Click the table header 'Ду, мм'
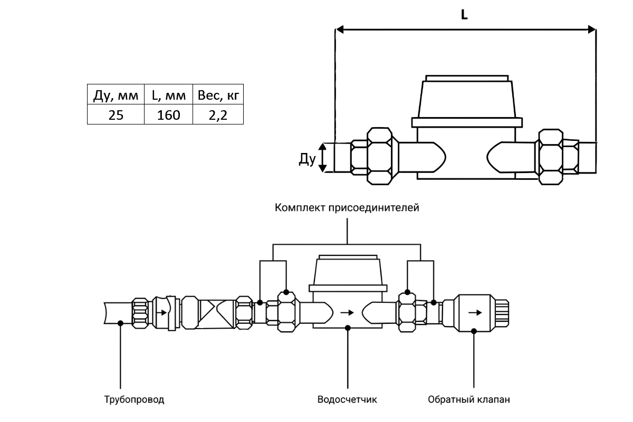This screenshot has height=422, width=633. pyautogui.click(x=115, y=95)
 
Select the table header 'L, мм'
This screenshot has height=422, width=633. pyautogui.click(x=168, y=95)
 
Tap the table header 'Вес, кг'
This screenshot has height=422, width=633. pyautogui.click(x=218, y=95)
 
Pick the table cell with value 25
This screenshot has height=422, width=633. pyautogui.click(x=115, y=115)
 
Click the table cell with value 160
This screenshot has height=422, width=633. pyautogui.click(x=168, y=115)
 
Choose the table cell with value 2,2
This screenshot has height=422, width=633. pyautogui.click(x=218, y=115)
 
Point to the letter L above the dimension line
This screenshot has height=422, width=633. pyautogui.click(x=464, y=15)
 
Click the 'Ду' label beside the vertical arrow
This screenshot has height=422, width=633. pyautogui.click(x=307, y=159)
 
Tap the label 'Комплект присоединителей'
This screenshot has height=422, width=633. pyautogui.click(x=347, y=208)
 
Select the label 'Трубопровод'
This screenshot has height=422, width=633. pyautogui.click(x=134, y=399)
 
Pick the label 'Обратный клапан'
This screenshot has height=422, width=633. pyautogui.click(x=469, y=399)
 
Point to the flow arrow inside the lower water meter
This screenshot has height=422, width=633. pyautogui.click(x=347, y=312)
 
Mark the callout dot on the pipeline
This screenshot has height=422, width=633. pyautogui.click(x=121, y=323)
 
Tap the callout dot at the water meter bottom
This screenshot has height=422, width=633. pyautogui.click(x=348, y=328)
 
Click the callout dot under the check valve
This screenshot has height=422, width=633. pyautogui.click(x=474, y=331)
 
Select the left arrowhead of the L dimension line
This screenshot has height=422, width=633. pyautogui.click(x=341, y=30)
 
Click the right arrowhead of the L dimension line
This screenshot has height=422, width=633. pyautogui.click(x=591, y=30)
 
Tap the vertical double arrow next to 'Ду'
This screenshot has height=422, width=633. pyautogui.click(x=325, y=157)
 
